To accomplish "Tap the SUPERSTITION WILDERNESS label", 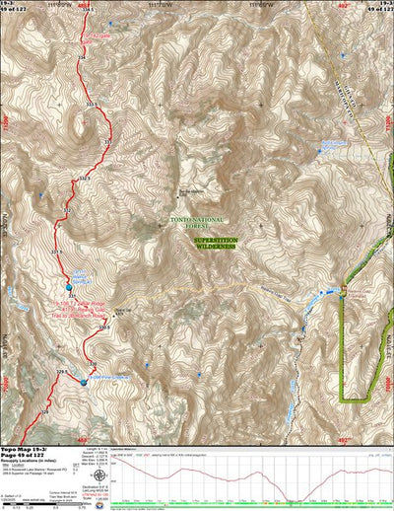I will click(x=214, y=244).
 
